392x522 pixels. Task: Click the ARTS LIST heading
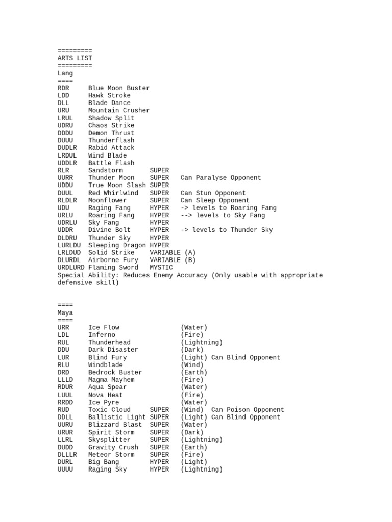pyautogui.click(x=75, y=58)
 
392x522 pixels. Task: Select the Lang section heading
pyautogui.click(x=65, y=73)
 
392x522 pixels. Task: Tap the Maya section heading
pyautogui.click(x=65, y=312)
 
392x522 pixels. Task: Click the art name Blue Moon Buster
pyautogui.click(x=119, y=88)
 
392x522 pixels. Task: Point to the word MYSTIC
pyautogui.click(x=161, y=268)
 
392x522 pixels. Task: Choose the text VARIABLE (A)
pyautogui.click(x=173, y=252)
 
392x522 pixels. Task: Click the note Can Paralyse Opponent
pyautogui.click(x=220, y=178)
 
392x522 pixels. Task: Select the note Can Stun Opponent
pyautogui.click(x=213, y=193)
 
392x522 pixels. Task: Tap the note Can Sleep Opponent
pyautogui.click(x=215, y=200)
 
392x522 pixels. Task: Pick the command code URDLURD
pyautogui.click(x=71, y=268)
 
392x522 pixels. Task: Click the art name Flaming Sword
pyautogui.click(x=113, y=268)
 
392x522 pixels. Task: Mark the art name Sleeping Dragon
pyautogui.click(x=117, y=245)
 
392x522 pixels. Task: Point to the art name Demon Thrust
pyautogui.click(x=111, y=133)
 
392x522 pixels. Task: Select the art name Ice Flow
pyautogui.click(x=104, y=327)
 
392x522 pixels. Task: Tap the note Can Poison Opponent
pyautogui.click(x=248, y=410)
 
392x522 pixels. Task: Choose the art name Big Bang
pyautogui.click(x=104, y=462)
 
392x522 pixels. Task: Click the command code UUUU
pyautogui.click(x=65, y=469)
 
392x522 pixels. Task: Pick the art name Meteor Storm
pyautogui.click(x=111, y=455)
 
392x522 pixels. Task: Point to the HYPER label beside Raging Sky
pyautogui.click(x=159, y=469)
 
